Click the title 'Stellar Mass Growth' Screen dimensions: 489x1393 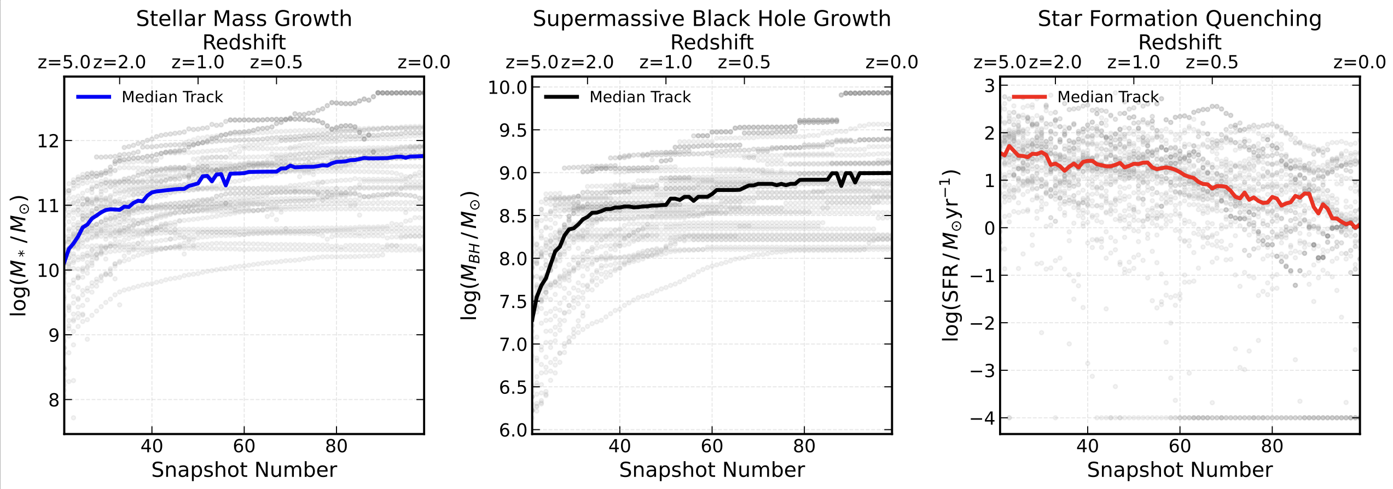(x=243, y=19)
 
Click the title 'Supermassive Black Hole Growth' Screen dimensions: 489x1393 (x=711, y=19)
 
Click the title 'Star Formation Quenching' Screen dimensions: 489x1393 (x=1180, y=19)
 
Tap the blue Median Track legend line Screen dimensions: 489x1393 (x=94, y=97)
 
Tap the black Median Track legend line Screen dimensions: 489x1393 (x=561, y=97)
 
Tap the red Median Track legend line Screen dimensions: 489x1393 (x=1029, y=97)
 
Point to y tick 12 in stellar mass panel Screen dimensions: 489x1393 (x=48, y=141)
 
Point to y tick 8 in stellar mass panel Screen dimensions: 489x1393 (x=53, y=400)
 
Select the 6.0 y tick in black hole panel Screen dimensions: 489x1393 (x=512, y=430)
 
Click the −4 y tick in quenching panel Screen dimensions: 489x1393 (x=982, y=418)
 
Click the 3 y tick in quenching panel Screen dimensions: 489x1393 (x=989, y=86)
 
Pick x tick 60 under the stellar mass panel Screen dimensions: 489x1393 (x=244, y=446)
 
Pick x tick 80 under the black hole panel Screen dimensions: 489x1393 (x=804, y=446)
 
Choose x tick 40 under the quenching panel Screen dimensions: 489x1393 (x=1087, y=446)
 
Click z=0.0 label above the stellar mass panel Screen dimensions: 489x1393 (x=423, y=62)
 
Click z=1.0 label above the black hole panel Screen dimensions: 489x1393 (x=665, y=62)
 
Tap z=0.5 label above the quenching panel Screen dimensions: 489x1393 (x=1211, y=62)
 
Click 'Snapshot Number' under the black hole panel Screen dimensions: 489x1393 (x=711, y=470)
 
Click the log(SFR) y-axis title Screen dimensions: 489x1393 (x=950, y=255)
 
